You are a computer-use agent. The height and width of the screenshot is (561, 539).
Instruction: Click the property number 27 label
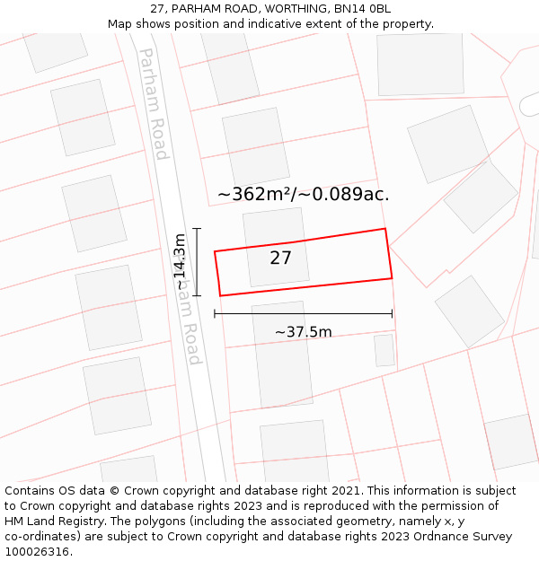pos(281,259)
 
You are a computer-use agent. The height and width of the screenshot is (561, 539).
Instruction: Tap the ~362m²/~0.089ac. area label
pos(303,194)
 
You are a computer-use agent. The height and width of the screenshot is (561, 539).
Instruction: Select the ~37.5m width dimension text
pos(303,332)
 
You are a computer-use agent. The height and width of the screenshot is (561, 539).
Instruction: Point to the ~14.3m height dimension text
pos(180,262)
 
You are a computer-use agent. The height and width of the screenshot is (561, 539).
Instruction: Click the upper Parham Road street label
pos(153,104)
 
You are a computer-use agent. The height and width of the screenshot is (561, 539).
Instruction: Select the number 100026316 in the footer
pos(37,552)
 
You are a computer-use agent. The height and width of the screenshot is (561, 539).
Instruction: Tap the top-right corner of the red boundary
pos(385,229)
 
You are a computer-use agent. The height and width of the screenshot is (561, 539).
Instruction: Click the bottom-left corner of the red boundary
pos(220,295)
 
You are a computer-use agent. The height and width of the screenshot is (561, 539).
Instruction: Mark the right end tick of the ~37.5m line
pos(392,313)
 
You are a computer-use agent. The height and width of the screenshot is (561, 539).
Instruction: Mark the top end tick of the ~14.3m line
pos(196,230)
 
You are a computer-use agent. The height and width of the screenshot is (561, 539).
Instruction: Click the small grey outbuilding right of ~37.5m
pos(384,350)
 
